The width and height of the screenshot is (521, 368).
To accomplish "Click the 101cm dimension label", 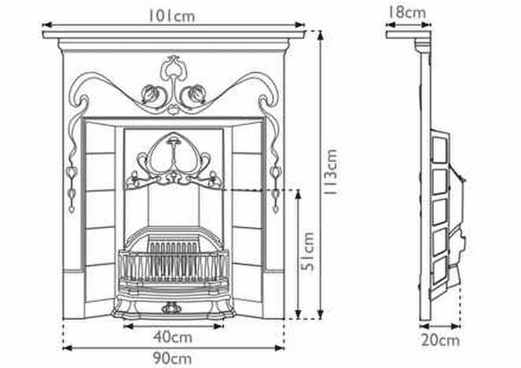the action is point(171,15).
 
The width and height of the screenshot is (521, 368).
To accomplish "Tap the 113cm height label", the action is point(332,172).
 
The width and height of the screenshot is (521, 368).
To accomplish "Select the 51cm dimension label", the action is point(307,252).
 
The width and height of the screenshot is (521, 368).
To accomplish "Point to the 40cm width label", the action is point(173,337).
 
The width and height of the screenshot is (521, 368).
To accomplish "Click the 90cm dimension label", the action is point(172,359).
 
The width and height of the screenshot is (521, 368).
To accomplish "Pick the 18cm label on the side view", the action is point(407,13).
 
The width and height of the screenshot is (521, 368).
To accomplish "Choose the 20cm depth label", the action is point(441,340).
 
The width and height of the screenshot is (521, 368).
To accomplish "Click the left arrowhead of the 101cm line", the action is point(46,24).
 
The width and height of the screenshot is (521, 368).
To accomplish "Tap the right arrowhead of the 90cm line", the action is point(280,348).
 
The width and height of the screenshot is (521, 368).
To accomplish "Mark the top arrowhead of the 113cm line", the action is point(321,35).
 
